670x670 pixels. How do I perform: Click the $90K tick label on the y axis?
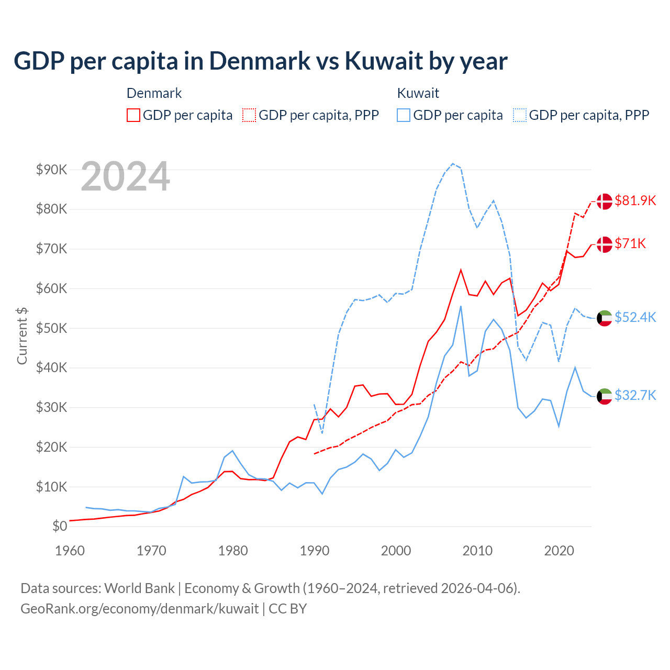[x=51, y=170]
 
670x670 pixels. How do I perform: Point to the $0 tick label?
[x=60, y=526]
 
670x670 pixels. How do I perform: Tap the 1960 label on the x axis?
[x=70, y=551]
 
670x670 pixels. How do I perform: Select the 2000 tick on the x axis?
[x=396, y=551]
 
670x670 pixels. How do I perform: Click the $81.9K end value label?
[x=635, y=200]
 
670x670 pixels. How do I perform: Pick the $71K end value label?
[x=630, y=243]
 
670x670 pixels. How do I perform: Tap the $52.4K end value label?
[x=635, y=317]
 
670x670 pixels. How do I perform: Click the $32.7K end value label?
[x=635, y=395]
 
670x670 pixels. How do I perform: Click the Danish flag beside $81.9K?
[x=605, y=201]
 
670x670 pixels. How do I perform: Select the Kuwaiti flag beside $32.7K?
[x=605, y=396]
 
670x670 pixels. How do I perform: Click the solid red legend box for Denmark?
[x=133, y=115]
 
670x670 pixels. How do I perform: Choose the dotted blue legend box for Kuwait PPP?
[x=520, y=115]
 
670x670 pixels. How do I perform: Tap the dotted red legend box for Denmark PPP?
[x=249, y=115]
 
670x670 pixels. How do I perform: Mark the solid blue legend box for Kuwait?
[x=404, y=115]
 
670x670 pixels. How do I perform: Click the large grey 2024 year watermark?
[x=125, y=176]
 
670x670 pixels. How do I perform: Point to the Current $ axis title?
[x=22, y=336]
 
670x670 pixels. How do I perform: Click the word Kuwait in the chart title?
[x=384, y=61]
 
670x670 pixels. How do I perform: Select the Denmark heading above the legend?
[x=154, y=93]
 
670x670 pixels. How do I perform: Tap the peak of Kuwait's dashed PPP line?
[x=453, y=163]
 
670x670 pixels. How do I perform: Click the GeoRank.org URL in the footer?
[x=139, y=609]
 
